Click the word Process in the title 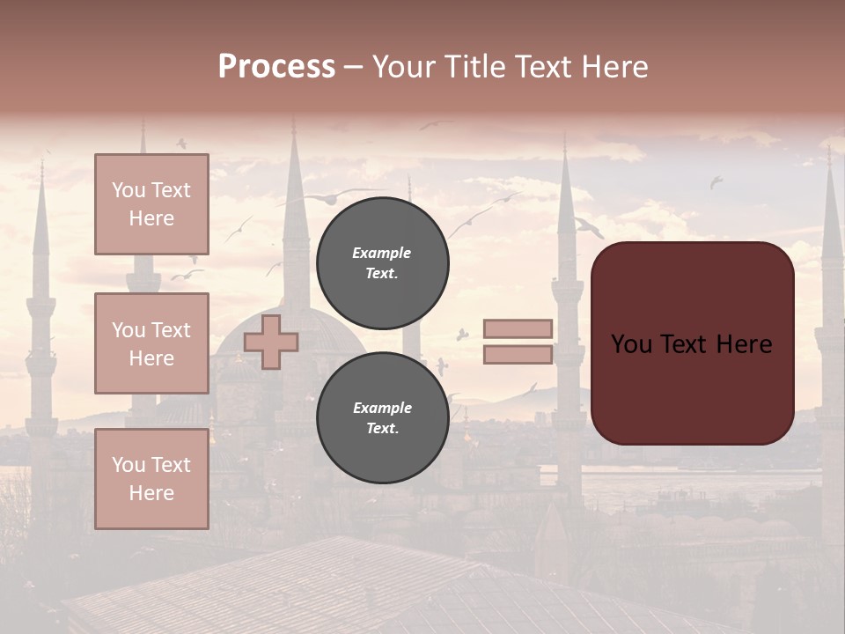coord(276,67)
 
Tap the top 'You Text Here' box coord(151,204)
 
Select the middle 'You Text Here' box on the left coord(151,343)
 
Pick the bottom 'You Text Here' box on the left coord(151,478)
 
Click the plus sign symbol coord(271,342)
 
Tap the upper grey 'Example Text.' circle coord(382,262)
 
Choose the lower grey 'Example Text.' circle coord(382,417)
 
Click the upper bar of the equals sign coord(518,328)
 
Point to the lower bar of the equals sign coord(518,355)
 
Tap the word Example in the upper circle coord(382,253)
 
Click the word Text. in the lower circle coord(382,428)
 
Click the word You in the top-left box coord(129,190)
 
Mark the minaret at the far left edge coord(40,317)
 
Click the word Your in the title coord(403,67)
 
